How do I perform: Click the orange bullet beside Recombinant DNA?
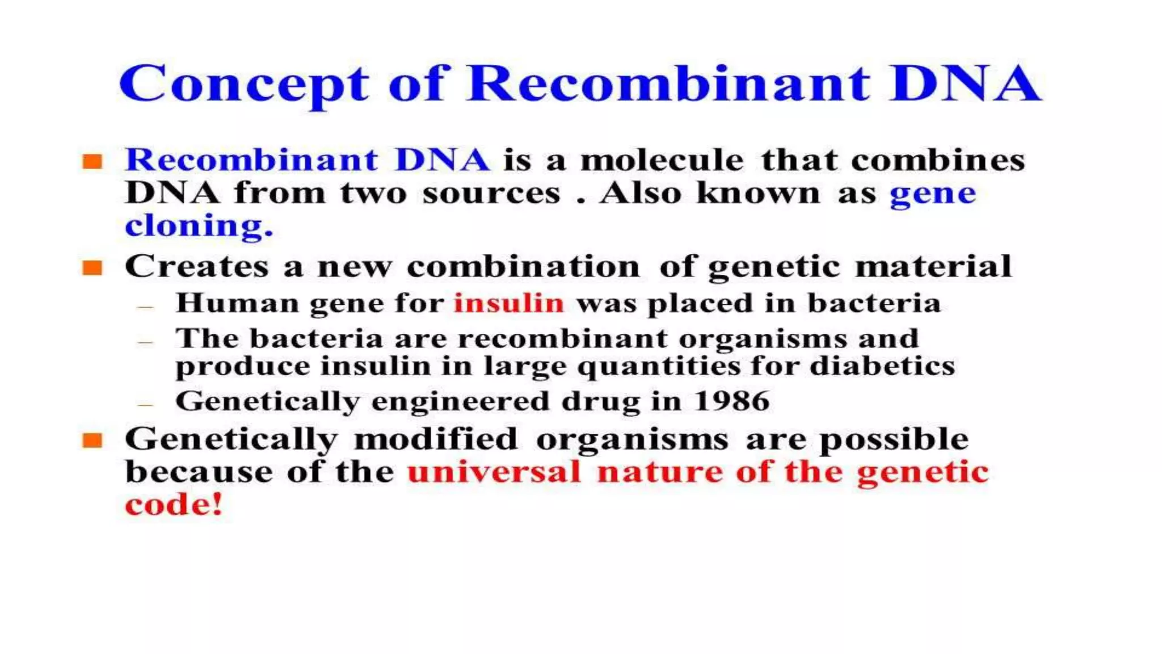(x=92, y=161)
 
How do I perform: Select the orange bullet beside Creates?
(x=92, y=267)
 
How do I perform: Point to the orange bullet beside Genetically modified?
(x=92, y=440)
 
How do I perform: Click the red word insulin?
(x=508, y=303)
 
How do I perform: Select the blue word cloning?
(x=199, y=226)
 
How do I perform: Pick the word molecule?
(x=662, y=160)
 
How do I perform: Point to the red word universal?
(x=494, y=472)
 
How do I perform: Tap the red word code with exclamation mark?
(x=174, y=505)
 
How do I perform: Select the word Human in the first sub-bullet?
(x=237, y=303)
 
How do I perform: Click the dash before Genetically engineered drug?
(x=145, y=405)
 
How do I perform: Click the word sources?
(x=491, y=194)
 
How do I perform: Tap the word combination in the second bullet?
(x=523, y=266)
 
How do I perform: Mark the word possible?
(x=894, y=439)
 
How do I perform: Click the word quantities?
(x=659, y=367)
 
